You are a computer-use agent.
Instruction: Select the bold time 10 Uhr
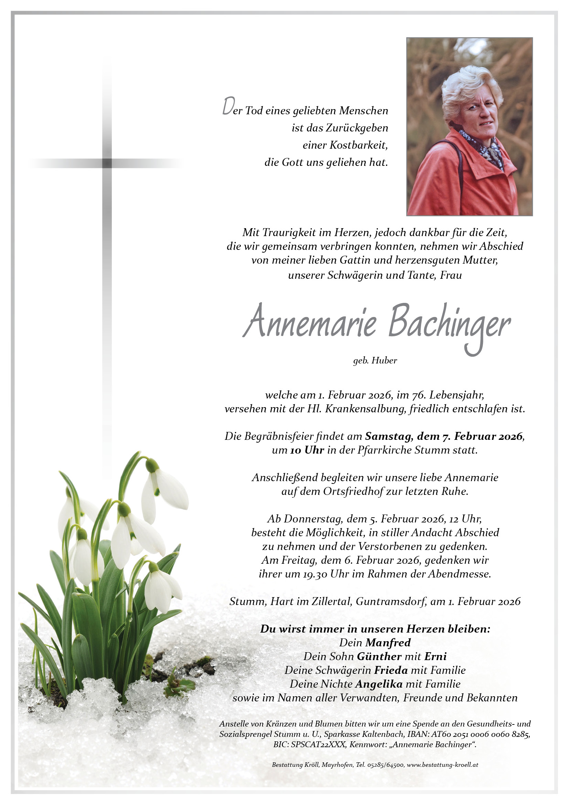pyautogui.click(x=307, y=450)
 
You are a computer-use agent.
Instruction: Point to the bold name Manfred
pyautogui.click(x=388, y=643)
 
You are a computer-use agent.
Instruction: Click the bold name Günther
pyautogui.click(x=379, y=656)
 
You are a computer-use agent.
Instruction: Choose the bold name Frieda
pyautogui.click(x=391, y=670)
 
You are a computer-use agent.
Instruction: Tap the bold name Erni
pyautogui.click(x=435, y=656)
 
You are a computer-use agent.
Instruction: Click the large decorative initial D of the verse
pyautogui.click(x=228, y=107)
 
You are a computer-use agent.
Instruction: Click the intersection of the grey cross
pyautogui.click(x=107, y=163)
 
